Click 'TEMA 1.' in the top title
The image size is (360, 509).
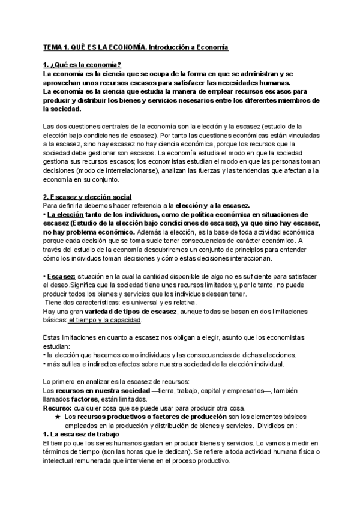pyautogui.click(x=56, y=46)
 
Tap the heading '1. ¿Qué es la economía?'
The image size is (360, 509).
pyautogui.click(x=82, y=65)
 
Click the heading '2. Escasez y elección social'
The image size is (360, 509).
pyautogui.click(x=88, y=198)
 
